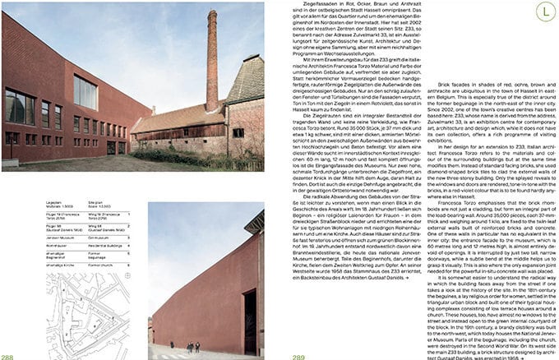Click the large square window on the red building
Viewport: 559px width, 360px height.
[x=85, y=92]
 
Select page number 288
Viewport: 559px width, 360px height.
[x=7, y=356]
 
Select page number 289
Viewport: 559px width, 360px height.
[x=299, y=356]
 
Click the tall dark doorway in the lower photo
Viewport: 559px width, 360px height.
[x=249, y=307]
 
